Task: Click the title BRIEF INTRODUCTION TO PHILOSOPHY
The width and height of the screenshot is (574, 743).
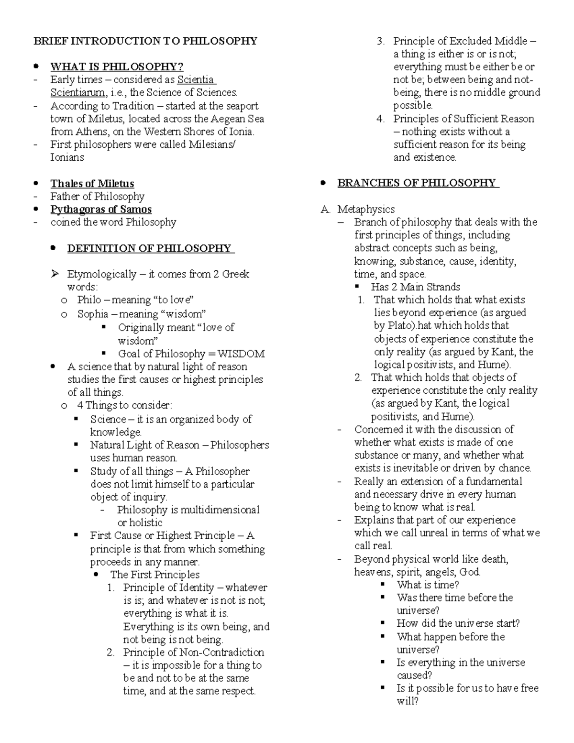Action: [x=145, y=41]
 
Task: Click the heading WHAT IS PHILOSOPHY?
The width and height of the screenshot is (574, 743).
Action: [x=117, y=67]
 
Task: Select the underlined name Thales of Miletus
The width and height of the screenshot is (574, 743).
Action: [x=92, y=184]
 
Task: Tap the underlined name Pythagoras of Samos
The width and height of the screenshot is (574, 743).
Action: [x=101, y=210]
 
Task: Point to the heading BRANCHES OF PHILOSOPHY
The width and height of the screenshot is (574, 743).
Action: [x=417, y=183]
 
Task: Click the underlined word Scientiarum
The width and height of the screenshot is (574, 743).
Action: [x=77, y=92]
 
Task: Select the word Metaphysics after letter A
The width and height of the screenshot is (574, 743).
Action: [x=366, y=209]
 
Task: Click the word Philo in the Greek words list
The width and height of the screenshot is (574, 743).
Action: [x=89, y=300]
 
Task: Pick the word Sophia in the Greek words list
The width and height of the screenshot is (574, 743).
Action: [x=93, y=314]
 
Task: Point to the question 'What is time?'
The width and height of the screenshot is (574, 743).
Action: [x=428, y=585]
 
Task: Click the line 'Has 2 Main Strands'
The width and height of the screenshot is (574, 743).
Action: [x=415, y=287]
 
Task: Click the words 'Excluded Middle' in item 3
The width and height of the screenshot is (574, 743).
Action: [x=487, y=41]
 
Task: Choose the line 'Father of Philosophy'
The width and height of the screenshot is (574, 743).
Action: [x=97, y=197]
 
